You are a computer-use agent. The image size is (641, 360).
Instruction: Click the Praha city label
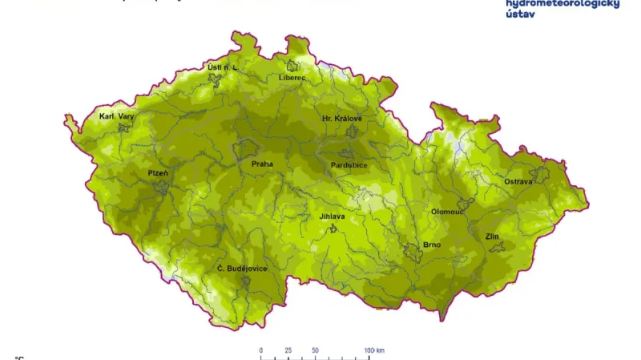click(x=262, y=164)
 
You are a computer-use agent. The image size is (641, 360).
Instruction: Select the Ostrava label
click(x=518, y=182)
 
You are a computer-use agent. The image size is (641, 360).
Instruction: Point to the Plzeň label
click(x=158, y=173)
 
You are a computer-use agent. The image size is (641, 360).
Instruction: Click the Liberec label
click(x=292, y=78)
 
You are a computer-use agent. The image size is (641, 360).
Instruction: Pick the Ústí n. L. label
click(x=223, y=67)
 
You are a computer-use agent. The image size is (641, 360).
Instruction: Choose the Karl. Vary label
click(x=116, y=116)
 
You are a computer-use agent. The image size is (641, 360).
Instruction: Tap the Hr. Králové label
click(x=342, y=119)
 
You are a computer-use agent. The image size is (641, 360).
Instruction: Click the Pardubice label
click(x=349, y=165)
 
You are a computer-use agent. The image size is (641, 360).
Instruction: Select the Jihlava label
click(x=332, y=216)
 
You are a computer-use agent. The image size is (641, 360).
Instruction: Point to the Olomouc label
click(x=447, y=212)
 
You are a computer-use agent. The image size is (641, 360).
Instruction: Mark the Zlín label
click(x=492, y=237)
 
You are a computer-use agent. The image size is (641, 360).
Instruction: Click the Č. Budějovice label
click(x=242, y=269)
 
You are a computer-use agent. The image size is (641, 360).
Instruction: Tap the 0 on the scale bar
click(x=261, y=351)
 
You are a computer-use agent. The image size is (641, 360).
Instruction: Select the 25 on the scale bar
click(x=288, y=351)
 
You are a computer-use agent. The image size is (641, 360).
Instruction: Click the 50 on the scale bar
click(x=316, y=351)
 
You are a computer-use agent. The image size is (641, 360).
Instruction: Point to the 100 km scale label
click(x=374, y=351)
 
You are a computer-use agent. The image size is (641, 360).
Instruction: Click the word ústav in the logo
click(x=520, y=14)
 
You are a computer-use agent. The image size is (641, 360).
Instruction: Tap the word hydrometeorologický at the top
click(x=562, y=4)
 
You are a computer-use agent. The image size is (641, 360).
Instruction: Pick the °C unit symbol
click(x=19, y=358)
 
